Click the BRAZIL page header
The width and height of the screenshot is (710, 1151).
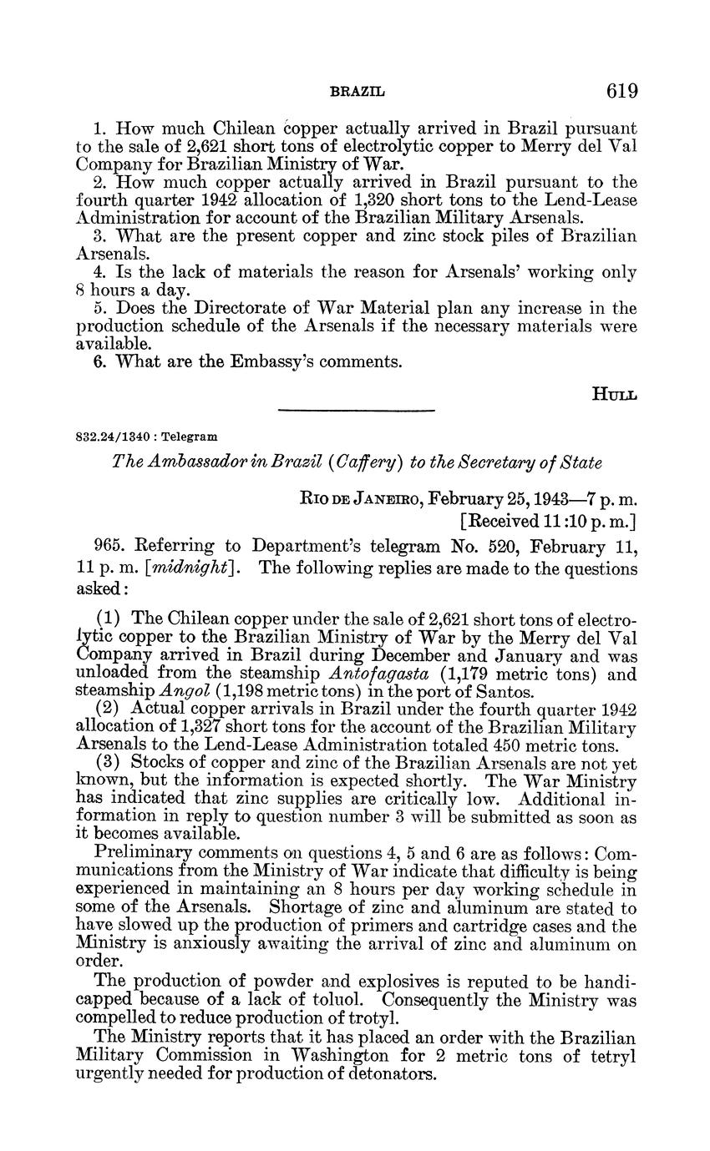[358, 92]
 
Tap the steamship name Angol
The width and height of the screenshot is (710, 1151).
[182, 691]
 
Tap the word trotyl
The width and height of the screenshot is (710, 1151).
[379, 1017]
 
